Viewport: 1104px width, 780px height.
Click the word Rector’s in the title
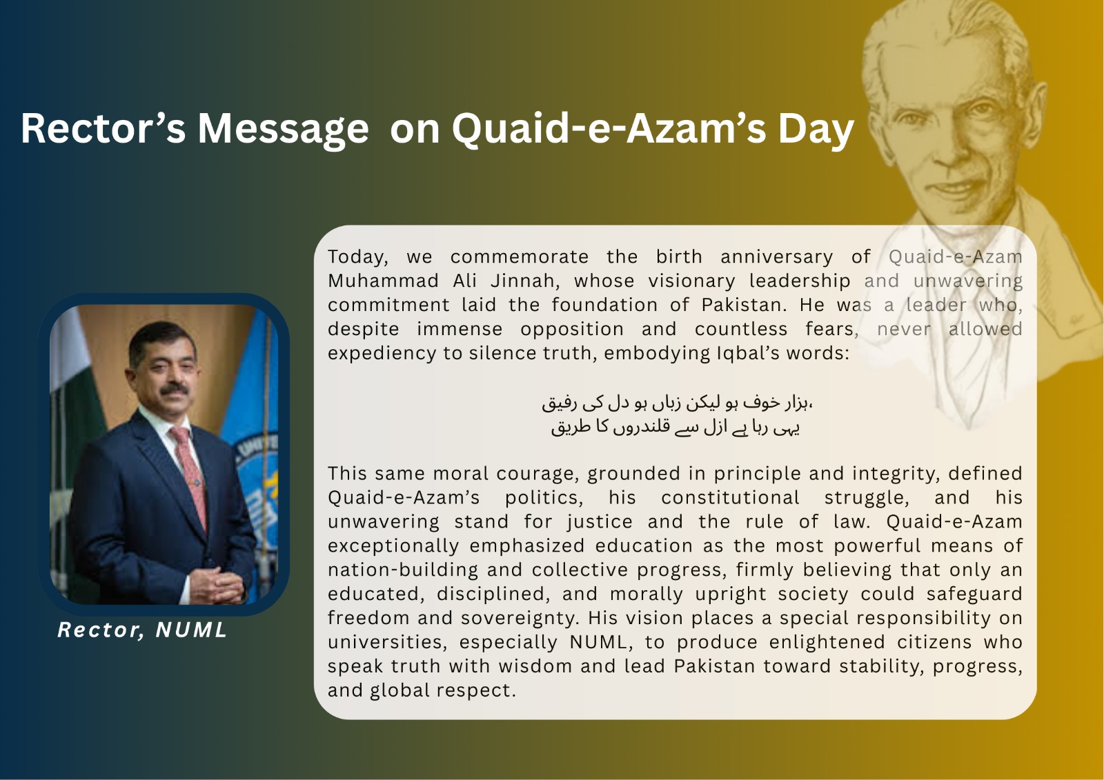pos(103,128)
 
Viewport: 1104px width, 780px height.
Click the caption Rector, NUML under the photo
pos(142,630)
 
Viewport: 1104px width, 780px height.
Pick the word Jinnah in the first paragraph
pos(525,281)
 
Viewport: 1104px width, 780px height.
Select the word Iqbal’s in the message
pos(746,353)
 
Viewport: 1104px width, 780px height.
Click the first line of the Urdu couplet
pos(677,403)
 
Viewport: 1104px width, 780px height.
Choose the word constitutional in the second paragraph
pos(730,498)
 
